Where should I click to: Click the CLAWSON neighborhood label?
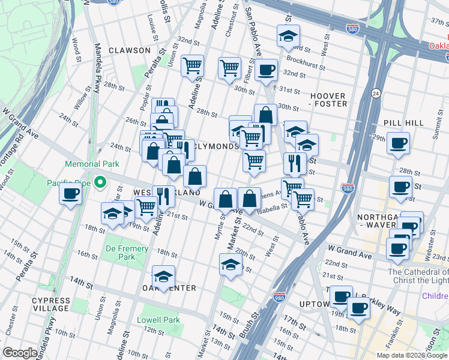(130, 50)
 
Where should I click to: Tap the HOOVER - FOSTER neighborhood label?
(328, 100)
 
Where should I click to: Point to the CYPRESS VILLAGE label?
(51, 304)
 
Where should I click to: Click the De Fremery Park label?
(127, 253)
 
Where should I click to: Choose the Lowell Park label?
(158, 320)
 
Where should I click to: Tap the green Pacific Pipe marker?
(101, 182)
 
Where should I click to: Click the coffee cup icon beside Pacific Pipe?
(71, 194)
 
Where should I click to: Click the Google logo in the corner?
(20, 353)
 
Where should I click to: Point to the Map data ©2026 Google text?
(412, 355)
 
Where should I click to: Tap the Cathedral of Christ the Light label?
(418, 277)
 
